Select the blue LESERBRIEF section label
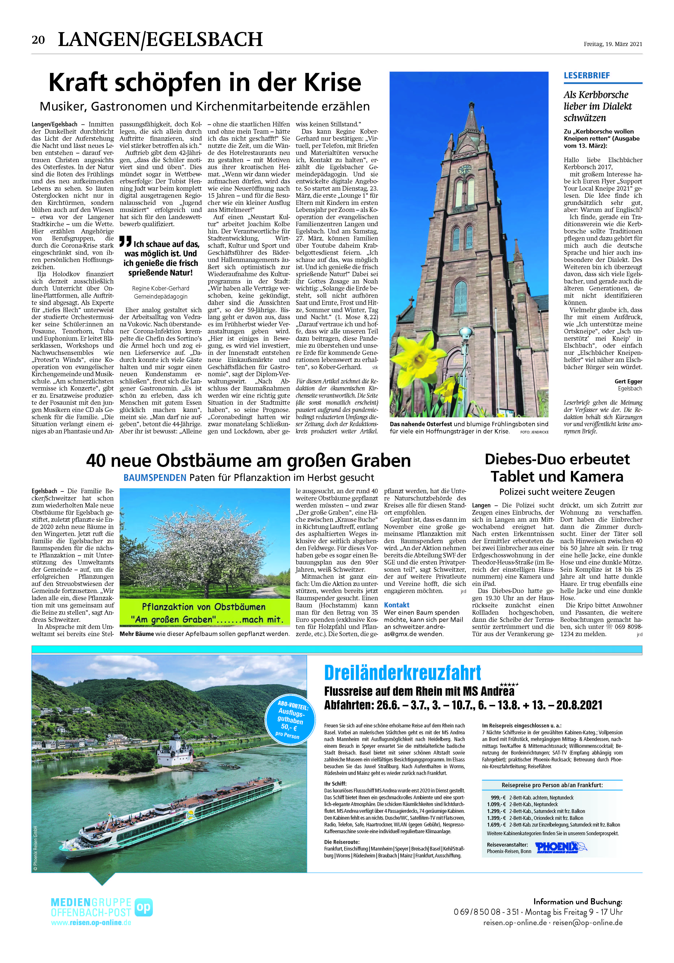[x=587, y=75]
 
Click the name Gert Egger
[x=628, y=381]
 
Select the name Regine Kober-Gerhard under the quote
[x=161, y=289]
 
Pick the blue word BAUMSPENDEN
[x=155, y=478]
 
